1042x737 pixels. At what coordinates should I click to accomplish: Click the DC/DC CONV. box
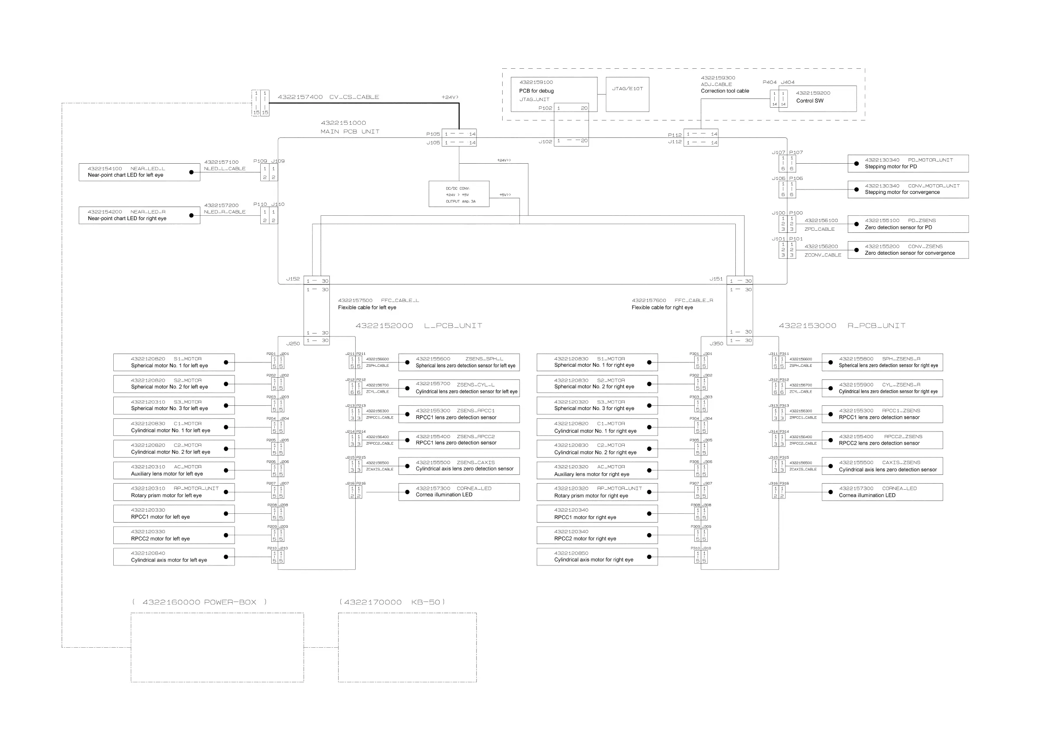coord(459,194)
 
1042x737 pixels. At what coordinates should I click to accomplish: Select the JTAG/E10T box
coord(627,95)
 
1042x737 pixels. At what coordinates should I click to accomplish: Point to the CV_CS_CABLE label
coord(354,97)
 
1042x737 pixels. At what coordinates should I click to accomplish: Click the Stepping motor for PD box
coord(908,164)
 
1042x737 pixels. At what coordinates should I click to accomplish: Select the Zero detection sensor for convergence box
coord(908,250)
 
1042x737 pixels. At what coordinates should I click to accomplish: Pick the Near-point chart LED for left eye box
coord(139,172)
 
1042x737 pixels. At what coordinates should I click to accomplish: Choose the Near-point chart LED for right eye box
coord(139,215)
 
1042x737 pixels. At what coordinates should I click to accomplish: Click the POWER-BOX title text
coord(199,602)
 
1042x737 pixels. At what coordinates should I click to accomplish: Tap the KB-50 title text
coord(392,602)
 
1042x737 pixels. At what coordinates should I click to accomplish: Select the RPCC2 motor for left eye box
coord(174,535)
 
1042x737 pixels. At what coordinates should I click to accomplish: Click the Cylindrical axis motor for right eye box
coord(597,557)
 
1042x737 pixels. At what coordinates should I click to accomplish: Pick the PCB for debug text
coord(536,91)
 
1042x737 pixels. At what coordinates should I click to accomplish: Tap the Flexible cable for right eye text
coord(662,307)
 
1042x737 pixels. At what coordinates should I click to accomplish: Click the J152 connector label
coord(293,279)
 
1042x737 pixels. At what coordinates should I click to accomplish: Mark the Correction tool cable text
coord(725,91)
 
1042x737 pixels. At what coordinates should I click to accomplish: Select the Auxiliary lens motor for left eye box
coord(174,470)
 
